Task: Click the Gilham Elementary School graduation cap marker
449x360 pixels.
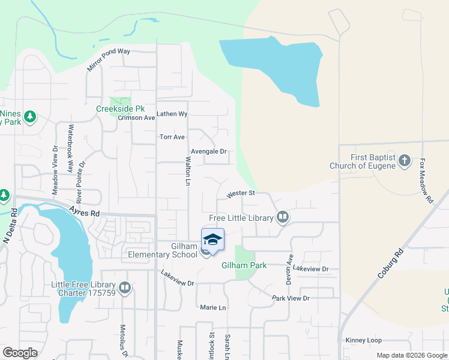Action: click(x=212, y=240)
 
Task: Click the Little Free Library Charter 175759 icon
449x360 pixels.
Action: click(x=125, y=288)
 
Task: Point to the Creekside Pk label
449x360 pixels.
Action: click(x=121, y=109)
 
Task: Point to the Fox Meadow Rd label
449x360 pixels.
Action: click(x=426, y=181)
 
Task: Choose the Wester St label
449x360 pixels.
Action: click(x=241, y=194)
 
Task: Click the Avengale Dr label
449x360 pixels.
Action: click(x=208, y=152)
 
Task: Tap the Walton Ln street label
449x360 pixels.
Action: click(x=188, y=171)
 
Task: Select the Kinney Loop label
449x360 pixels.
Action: click(x=363, y=340)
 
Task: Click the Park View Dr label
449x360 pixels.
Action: click(x=290, y=298)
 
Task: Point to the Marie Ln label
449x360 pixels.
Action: click(x=213, y=308)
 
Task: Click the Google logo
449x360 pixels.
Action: click(x=20, y=353)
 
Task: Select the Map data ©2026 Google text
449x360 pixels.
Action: click(x=411, y=355)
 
